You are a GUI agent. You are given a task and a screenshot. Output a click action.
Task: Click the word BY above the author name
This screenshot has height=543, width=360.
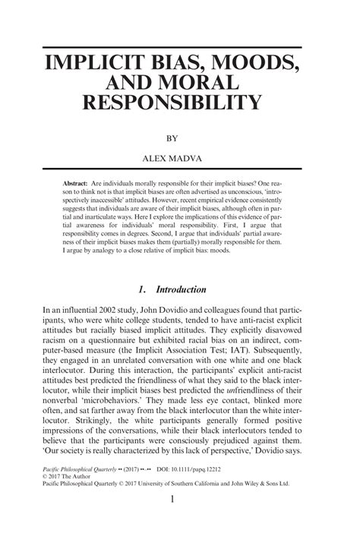[x=180, y=139]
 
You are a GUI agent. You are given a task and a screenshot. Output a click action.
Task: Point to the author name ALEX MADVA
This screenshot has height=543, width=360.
[x=180, y=160]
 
